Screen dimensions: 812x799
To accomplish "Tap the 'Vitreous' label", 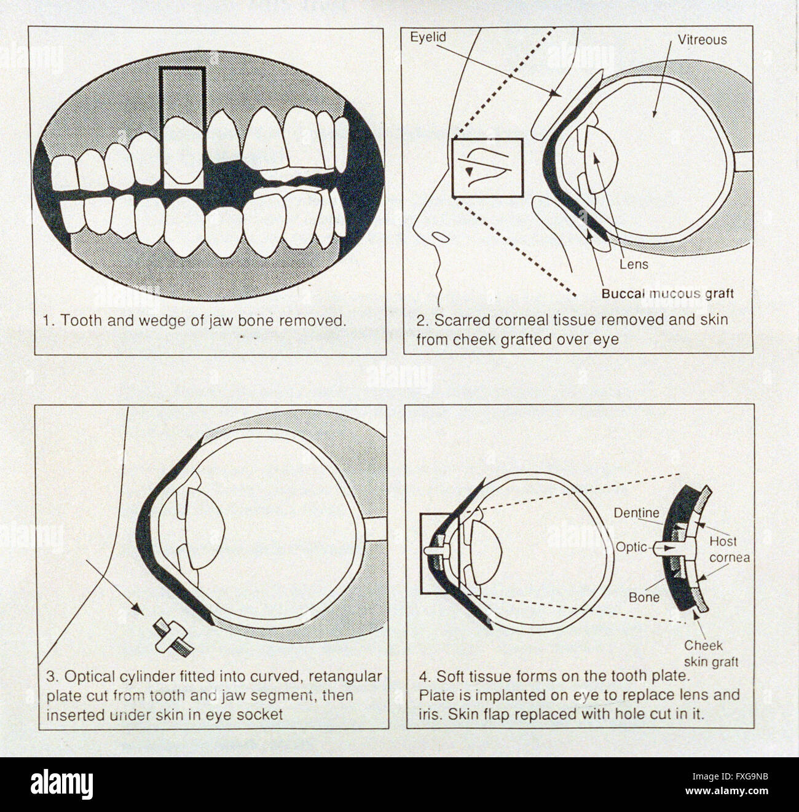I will click(702, 40).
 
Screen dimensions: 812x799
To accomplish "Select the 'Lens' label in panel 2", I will click(634, 264).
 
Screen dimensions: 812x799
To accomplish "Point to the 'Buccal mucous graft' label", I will click(667, 293).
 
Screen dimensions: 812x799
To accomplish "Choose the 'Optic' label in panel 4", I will click(631, 546).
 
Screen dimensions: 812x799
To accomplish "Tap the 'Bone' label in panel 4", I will click(644, 597).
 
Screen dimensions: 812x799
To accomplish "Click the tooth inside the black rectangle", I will click(183, 151).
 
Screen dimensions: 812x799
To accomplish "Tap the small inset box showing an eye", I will click(487, 168).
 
